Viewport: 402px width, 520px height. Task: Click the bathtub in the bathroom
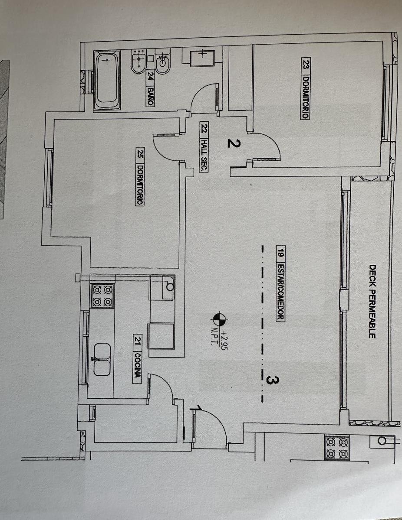click(x=107, y=80)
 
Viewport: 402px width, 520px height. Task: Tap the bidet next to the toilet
click(x=138, y=61)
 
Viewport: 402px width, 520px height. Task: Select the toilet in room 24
click(x=163, y=61)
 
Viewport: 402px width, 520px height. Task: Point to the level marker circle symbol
click(x=219, y=319)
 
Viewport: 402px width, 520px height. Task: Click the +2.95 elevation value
click(x=224, y=340)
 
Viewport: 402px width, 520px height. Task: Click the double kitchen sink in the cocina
click(x=102, y=359)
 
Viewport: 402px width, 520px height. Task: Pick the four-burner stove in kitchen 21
click(x=102, y=296)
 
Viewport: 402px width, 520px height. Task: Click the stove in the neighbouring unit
click(x=337, y=447)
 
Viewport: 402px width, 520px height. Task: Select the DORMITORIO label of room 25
click(x=140, y=185)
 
